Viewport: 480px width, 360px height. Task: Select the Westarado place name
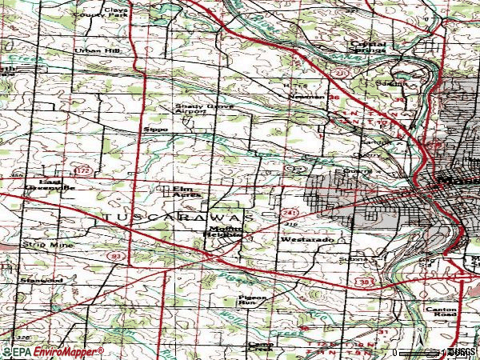coord(301,240)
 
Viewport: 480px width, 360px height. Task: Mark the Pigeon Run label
coord(250,300)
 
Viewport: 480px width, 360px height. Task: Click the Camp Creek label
coord(259,347)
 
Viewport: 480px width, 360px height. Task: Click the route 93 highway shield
coord(118,255)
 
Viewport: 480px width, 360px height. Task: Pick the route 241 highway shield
coord(289,213)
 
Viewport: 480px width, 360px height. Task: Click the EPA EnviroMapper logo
coord(53,352)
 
